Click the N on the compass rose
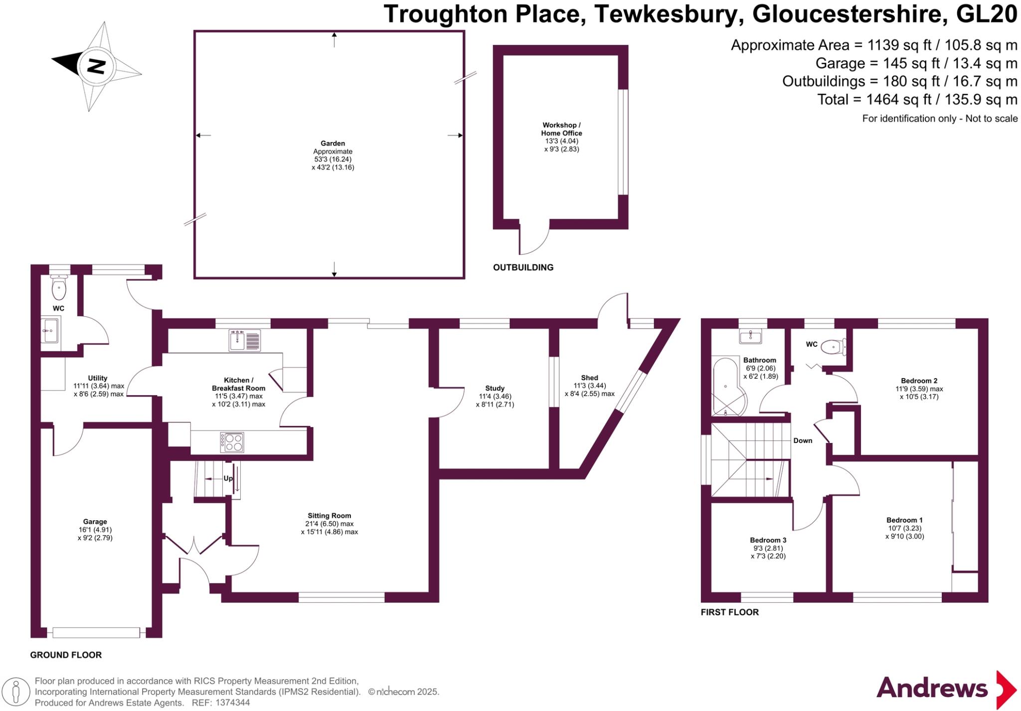96,66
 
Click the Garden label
333,143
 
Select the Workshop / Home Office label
561,129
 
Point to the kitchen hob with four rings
232,442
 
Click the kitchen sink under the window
245,341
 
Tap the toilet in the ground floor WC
59,287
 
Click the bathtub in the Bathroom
728,387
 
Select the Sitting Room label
329,516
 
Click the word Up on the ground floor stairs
228,478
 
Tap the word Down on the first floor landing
803,440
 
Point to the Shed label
589,378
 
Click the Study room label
495,388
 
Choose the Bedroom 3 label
768,540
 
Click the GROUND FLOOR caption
66,655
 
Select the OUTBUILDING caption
523,268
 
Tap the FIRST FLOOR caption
729,612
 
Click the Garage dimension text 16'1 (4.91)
95,530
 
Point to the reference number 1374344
232,703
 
